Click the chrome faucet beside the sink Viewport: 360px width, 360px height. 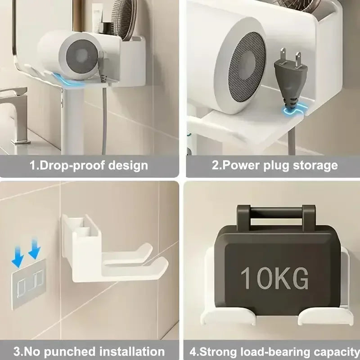(15, 112)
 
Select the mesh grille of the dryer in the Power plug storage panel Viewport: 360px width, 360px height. (247, 66)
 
